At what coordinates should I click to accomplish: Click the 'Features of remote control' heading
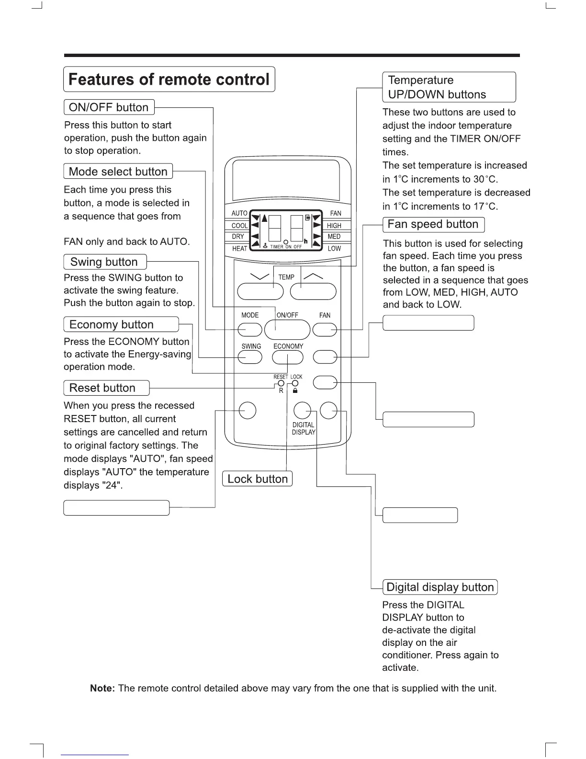point(169,79)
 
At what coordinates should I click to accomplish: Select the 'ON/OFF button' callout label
point(109,107)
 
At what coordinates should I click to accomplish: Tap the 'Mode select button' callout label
point(118,172)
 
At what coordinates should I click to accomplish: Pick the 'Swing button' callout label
point(104,262)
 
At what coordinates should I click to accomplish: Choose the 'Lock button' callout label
point(257,479)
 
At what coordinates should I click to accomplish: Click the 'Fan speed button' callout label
point(433,224)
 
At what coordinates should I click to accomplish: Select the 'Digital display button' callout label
point(440,587)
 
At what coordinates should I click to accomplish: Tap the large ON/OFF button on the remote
point(287,329)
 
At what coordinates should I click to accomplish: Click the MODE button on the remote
point(249,330)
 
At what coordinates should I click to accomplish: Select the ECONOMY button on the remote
point(287,357)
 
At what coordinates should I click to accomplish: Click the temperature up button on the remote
point(313,291)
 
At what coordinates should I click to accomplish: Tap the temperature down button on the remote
point(260,291)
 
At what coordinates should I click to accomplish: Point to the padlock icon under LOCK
point(295,391)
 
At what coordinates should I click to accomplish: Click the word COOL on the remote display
point(239,226)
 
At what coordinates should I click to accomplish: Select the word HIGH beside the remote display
point(334,226)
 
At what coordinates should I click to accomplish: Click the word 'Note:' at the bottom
point(102,689)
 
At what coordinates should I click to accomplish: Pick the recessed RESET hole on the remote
point(281,383)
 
